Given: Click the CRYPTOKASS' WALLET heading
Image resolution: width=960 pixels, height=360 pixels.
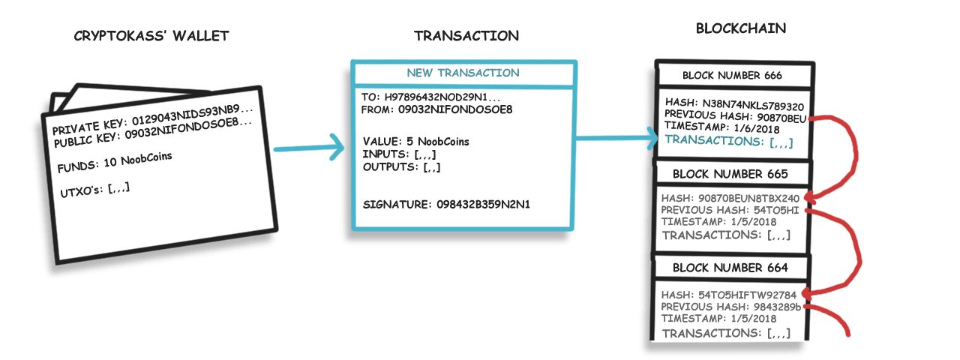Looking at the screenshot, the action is point(151,36).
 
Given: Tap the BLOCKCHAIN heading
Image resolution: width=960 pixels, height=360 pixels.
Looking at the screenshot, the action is point(741,29).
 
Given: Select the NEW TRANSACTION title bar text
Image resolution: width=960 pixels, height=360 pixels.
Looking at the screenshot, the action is point(463,73).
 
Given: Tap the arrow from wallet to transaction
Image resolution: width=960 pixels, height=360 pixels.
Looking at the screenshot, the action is point(307,148).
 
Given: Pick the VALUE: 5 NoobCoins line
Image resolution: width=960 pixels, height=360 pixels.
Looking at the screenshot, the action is point(416,142).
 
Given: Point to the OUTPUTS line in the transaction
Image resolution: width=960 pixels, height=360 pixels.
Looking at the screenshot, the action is point(401,166).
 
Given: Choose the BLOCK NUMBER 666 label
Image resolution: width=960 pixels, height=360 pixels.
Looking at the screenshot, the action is point(732,76).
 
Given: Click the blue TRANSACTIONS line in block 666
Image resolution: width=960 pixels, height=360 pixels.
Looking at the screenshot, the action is point(728,140).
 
